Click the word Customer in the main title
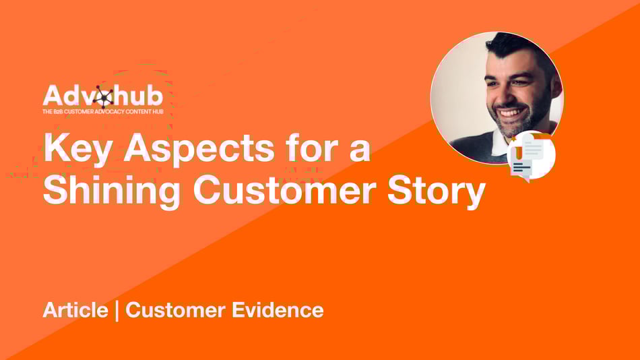pyautogui.click(x=284, y=189)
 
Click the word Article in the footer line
pyautogui.click(x=75, y=309)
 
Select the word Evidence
pyautogui.click(x=278, y=309)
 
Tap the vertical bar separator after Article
pyautogui.click(x=117, y=311)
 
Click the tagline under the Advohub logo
pyautogui.click(x=103, y=111)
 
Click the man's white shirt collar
pyautogui.click(x=499, y=143)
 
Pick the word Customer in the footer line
pyautogui.click(x=175, y=309)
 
